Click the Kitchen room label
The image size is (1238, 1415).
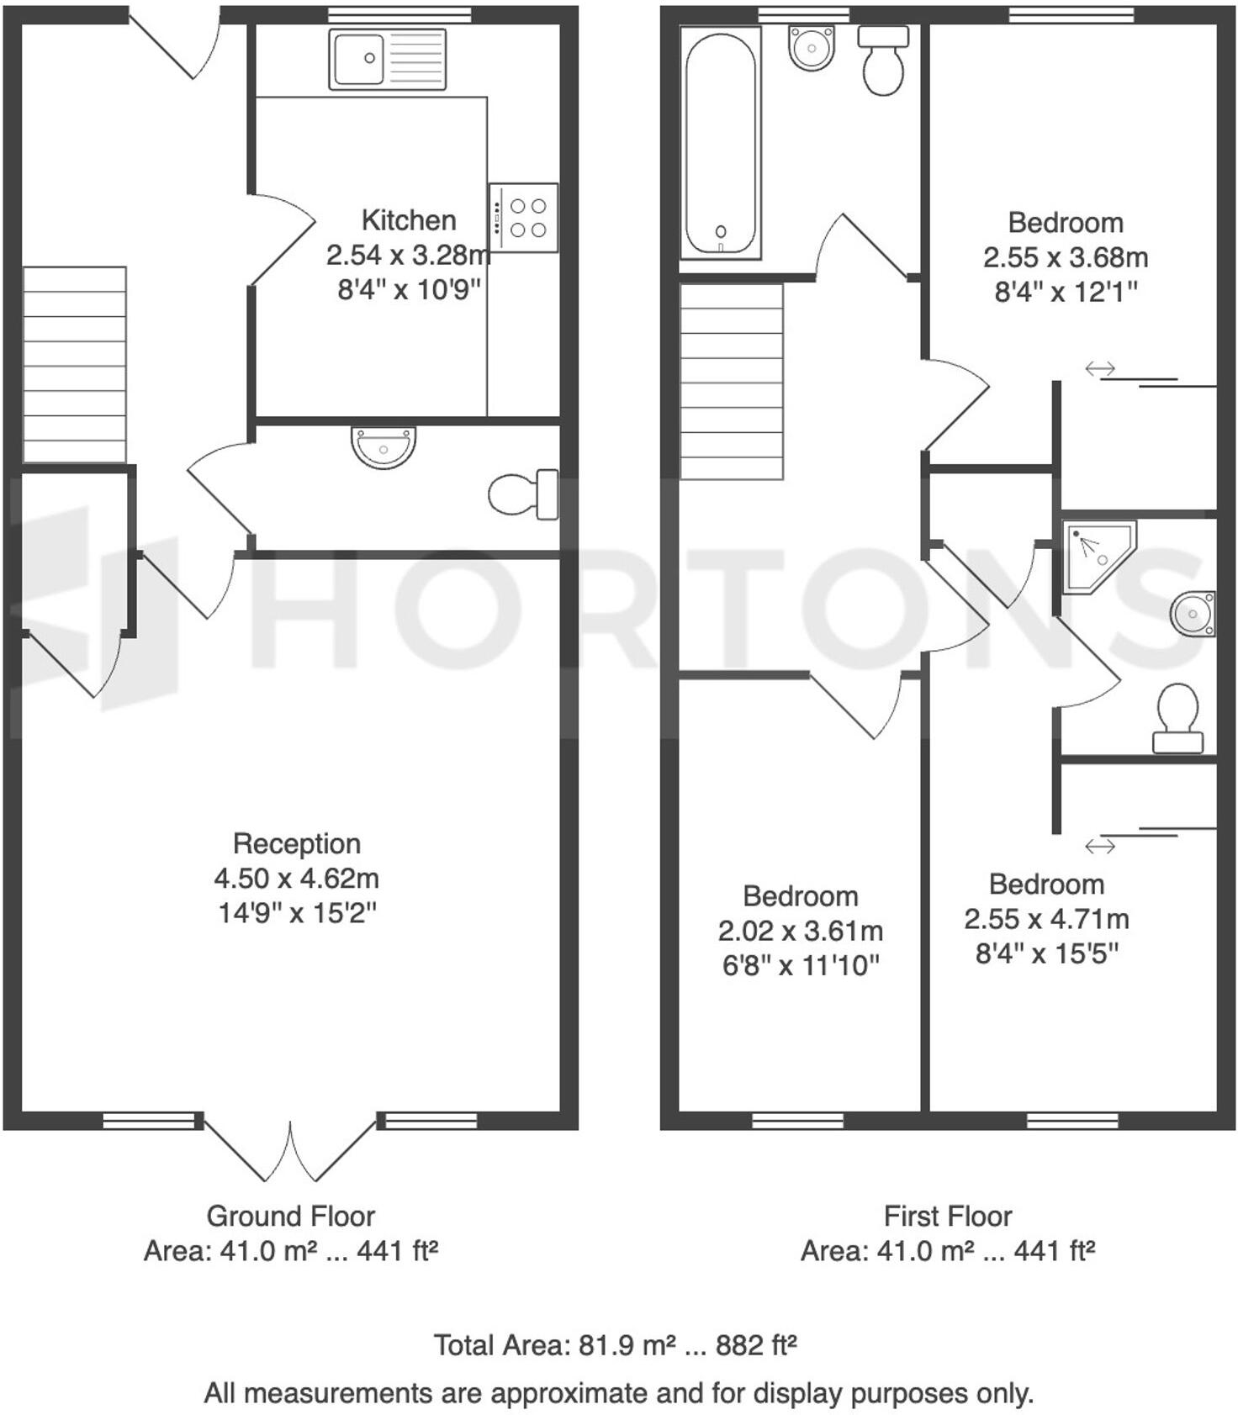[409, 220]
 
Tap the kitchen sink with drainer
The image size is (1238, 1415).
[387, 59]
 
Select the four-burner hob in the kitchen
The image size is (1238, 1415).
[523, 218]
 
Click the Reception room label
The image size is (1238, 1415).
[297, 843]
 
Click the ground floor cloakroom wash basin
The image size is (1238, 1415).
[384, 446]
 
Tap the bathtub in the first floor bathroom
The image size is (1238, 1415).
[720, 142]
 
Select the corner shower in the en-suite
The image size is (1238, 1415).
[1097, 555]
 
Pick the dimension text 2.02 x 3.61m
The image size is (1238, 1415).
[801, 931]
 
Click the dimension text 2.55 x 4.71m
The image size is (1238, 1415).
[1046, 919]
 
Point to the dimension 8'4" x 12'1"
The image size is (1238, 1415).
[1066, 292]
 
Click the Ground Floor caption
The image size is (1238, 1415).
[291, 1216]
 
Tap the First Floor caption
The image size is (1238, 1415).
[948, 1216]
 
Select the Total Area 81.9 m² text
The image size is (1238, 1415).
[615, 1345]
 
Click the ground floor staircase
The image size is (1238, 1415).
[75, 364]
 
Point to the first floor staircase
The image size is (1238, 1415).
[732, 381]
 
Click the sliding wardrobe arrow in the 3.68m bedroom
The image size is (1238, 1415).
[1099, 368]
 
